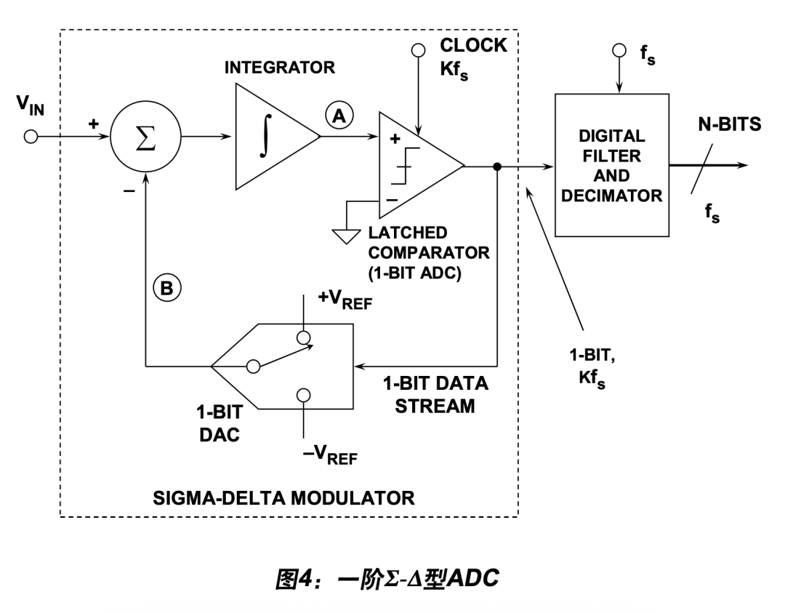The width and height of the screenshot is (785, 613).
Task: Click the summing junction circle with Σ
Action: point(145,137)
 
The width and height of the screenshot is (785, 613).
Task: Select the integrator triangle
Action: point(273,137)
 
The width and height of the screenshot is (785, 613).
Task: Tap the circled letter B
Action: point(166,289)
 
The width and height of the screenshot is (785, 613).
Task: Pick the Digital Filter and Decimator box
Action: point(611,165)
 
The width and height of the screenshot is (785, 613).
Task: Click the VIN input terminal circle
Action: point(31,137)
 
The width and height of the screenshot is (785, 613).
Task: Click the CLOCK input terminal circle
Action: point(417,50)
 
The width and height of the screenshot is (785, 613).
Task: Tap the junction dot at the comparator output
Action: point(496,166)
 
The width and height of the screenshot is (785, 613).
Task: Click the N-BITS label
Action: point(725,124)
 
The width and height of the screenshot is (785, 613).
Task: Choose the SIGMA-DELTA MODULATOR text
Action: point(285,498)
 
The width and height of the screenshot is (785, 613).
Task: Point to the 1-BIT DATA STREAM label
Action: point(435,394)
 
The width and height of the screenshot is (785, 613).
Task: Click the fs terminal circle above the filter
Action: point(619,50)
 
